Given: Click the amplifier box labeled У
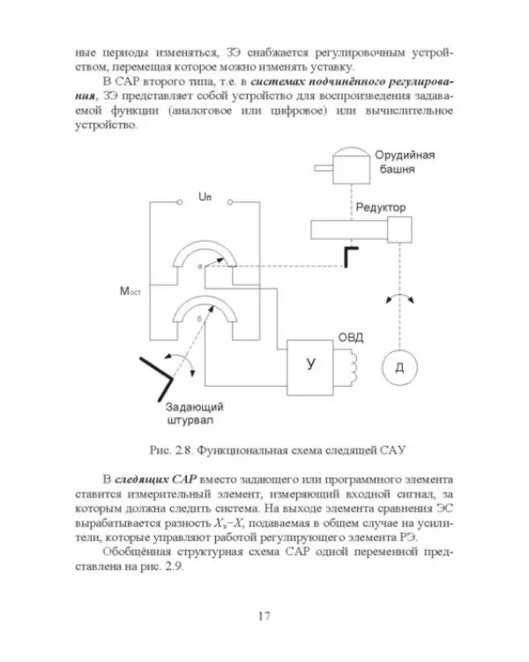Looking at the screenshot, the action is pyautogui.click(x=310, y=367).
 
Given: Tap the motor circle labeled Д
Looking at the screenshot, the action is pyautogui.click(x=399, y=367).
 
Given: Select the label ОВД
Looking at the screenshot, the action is pyautogui.click(x=351, y=338).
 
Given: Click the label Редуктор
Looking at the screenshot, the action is pyautogui.click(x=381, y=207).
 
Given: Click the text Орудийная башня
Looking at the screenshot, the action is pyautogui.click(x=405, y=162).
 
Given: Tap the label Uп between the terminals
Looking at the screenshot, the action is pyautogui.click(x=205, y=197).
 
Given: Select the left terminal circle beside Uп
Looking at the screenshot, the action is pyautogui.click(x=180, y=202).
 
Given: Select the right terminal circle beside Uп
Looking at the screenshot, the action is pyautogui.click(x=230, y=202).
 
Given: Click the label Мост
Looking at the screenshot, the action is pyautogui.click(x=130, y=291).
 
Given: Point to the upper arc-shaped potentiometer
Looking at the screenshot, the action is pyautogui.click(x=205, y=248).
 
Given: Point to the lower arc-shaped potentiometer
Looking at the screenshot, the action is pyautogui.click(x=205, y=304).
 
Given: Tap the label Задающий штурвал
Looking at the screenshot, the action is pyautogui.click(x=195, y=414).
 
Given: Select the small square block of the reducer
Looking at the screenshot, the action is pyautogui.click(x=399, y=229).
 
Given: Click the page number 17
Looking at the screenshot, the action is pyautogui.click(x=264, y=616).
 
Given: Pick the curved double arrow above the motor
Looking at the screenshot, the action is pyautogui.click(x=400, y=297).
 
